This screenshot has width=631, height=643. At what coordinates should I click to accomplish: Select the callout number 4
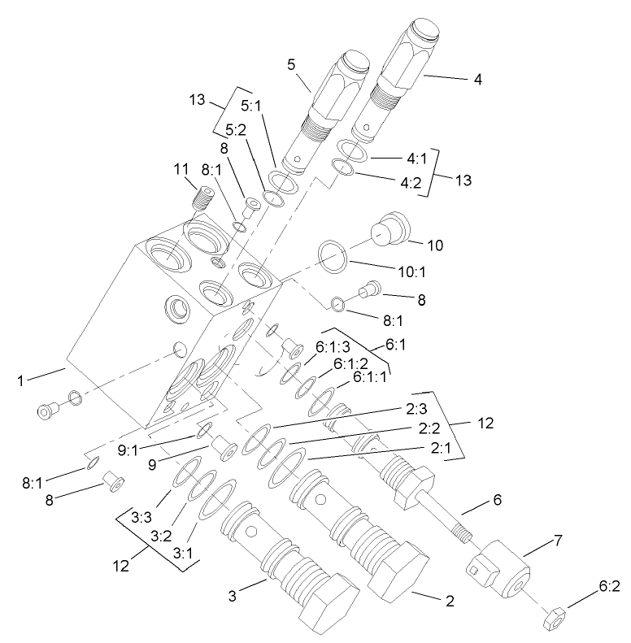click(478, 80)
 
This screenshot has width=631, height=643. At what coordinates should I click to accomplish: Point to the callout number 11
click(180, 168)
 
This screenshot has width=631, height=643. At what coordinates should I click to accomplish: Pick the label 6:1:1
click(372, 378)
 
